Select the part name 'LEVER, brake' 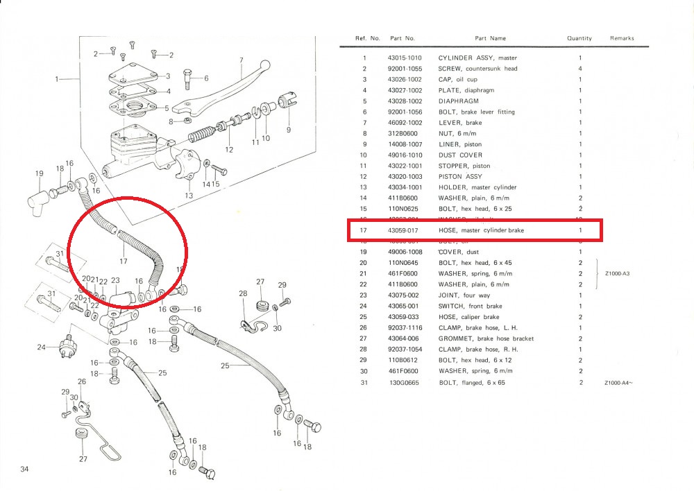[459, 123]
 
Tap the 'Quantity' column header [579, 39]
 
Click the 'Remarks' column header [621, 39]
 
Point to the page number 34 [25, 470]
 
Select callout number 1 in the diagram [58, 79]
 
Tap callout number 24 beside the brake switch [41, 347]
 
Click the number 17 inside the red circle [124, 262]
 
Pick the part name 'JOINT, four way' [461, 295]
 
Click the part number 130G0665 [405, 382]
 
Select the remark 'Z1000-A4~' [619, 382]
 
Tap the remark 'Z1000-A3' [618, 273]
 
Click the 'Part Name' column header [490, 39]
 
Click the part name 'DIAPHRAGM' [458, 101]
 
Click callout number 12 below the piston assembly [229, 149]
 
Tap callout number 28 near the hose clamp [243, 294]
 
